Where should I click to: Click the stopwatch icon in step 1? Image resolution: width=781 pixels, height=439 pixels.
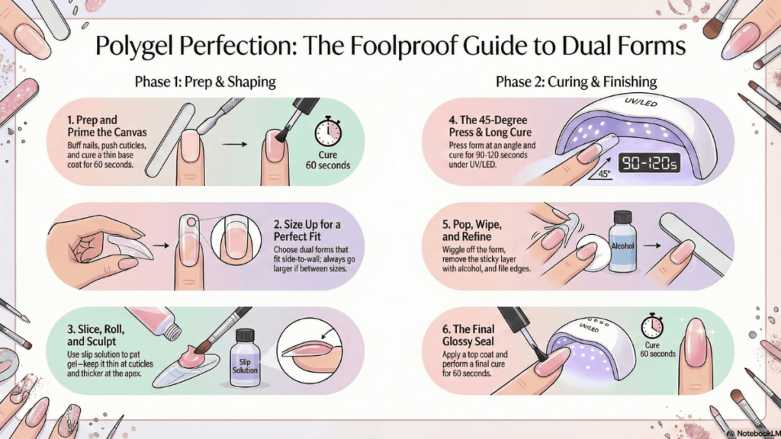point(328,131)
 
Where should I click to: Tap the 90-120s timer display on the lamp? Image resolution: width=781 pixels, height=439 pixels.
point(649,163)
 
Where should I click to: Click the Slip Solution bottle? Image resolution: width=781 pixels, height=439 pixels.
point(245,357)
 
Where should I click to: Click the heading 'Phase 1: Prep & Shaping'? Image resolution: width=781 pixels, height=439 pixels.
point(205,82)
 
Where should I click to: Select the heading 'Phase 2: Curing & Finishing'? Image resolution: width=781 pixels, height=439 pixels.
point(577,82)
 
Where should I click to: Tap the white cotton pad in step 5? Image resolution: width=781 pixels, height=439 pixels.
point(593,253)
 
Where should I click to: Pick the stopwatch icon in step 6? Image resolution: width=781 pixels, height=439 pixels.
point(652,326)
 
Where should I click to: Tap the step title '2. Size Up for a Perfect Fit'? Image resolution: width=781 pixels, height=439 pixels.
point(307,230)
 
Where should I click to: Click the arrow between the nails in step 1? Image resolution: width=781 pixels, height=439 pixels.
point(234,144)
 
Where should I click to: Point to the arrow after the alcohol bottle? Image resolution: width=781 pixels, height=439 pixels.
point(651,245)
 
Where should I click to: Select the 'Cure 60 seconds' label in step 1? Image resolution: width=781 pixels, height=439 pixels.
point(328,160)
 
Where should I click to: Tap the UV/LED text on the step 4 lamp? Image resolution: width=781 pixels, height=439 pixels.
point(641,102)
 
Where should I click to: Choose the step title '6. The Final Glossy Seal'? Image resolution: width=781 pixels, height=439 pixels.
point(468,335)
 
